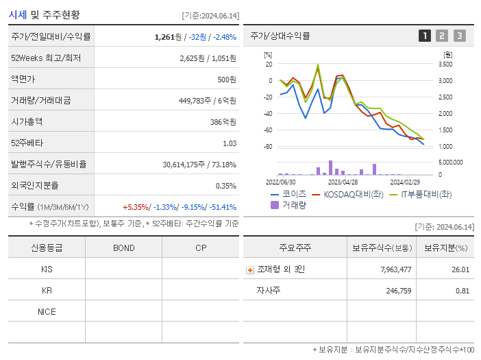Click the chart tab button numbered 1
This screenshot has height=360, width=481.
425,36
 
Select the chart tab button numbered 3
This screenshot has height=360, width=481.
459,36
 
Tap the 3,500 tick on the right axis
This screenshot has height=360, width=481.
445,64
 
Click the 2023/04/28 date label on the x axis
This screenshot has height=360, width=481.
343,182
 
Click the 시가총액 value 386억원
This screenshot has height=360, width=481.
224,121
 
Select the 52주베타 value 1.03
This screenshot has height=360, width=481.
229,143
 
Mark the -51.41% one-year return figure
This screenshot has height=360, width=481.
221,207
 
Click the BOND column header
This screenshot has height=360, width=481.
123,248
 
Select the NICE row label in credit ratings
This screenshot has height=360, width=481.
47,312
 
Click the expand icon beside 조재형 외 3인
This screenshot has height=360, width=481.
249,269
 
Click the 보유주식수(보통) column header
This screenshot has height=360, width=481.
382,248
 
